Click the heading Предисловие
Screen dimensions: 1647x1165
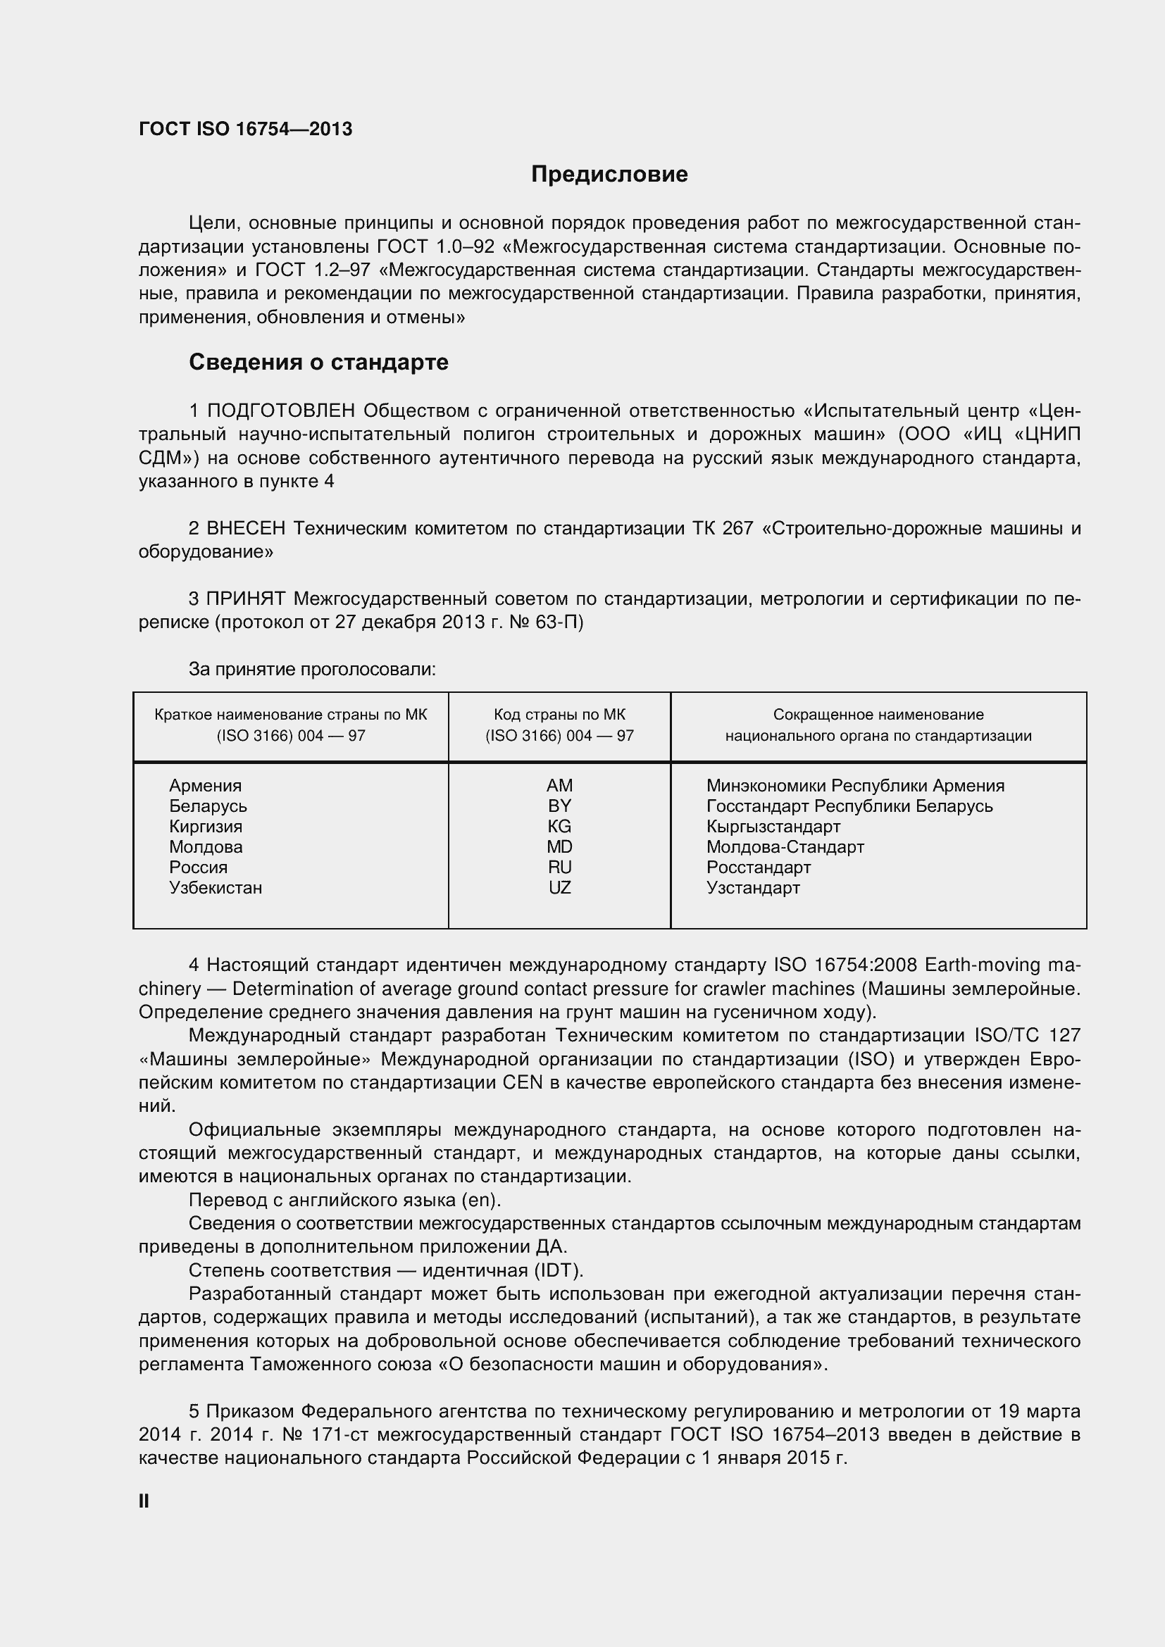[609, 175]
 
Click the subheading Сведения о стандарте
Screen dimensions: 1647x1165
[318, 362]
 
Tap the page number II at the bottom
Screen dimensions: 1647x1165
[144, 1501]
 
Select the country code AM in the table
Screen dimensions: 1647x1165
[559, 786]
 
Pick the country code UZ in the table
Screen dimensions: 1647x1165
[559, 887]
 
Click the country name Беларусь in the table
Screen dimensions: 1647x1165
[208, 806]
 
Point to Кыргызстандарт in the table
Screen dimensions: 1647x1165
[773, 827]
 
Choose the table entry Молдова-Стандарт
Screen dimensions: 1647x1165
[785, 846]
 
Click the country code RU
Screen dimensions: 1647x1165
[559, 868]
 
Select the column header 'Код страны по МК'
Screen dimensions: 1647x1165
[559, 715]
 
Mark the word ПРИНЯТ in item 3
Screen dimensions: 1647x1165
[246, 599]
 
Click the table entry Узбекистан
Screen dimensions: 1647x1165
[216, 887]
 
